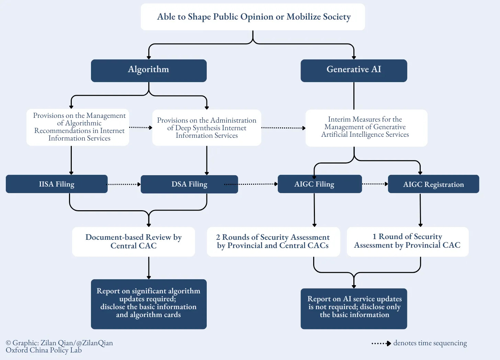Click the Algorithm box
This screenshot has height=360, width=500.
(149, 70)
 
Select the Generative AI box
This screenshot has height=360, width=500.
(354, 70)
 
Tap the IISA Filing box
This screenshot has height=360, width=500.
(57, 184)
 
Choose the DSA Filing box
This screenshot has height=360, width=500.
(189, 184)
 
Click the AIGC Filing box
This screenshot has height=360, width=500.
(319, 184)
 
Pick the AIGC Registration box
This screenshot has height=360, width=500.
(433, 184)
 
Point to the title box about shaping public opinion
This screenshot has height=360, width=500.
(253, 17)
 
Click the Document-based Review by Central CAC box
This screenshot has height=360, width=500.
(134, 241)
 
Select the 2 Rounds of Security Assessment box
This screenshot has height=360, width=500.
(273, 241)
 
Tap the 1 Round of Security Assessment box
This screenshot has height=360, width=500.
(408, 241)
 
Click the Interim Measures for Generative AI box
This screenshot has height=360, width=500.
(366, 128)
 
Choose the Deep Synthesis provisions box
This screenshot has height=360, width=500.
(207, 128)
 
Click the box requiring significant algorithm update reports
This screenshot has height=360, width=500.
(149, 304)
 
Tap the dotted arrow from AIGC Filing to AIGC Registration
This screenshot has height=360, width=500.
(375, 184)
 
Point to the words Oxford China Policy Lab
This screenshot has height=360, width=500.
(44, 350)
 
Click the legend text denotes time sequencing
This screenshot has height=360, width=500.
(430, 343)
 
